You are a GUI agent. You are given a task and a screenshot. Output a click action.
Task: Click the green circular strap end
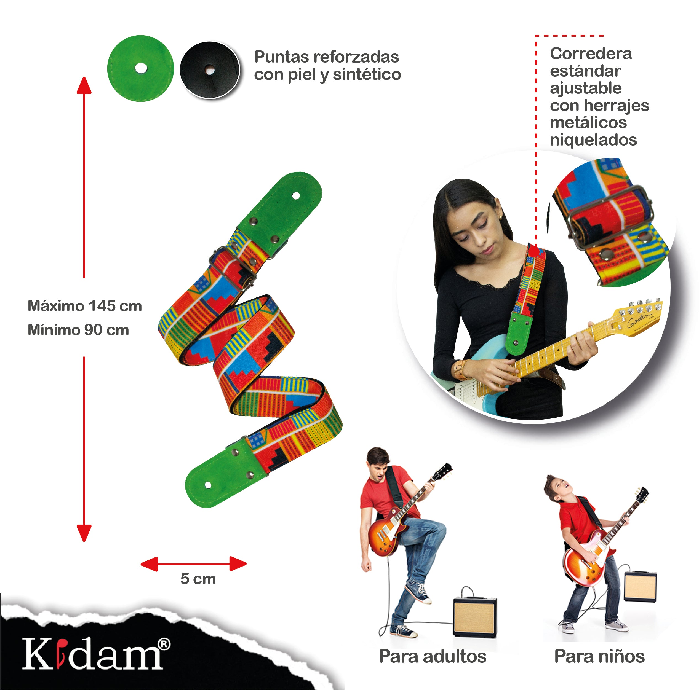(x=140, y=68)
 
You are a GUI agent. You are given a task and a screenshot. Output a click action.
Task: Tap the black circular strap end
(x=210, y=70)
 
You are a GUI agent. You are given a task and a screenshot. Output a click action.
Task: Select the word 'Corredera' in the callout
(x=591, y=53)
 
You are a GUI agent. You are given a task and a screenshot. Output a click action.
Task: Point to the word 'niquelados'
(x=593, y=140)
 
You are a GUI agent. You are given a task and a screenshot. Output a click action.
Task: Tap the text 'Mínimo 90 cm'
(x=78, y=330)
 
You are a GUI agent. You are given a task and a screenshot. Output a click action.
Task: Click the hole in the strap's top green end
(x=296, y=196)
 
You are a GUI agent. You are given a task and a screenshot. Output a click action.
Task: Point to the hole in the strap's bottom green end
(x=208, y=485)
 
